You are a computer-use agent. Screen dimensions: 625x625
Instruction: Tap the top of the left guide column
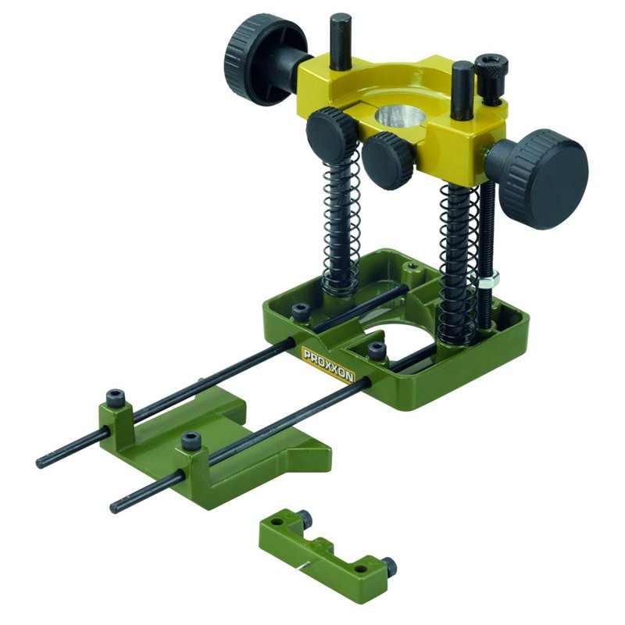tap(340, 20)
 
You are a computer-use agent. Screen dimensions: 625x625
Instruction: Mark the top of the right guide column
tap(462, 68)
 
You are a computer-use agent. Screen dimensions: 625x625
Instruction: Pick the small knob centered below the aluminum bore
tap(387, 158)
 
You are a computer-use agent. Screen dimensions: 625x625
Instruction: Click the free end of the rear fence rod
tap(41, 462)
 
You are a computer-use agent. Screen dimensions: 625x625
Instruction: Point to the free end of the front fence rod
tap(115, 505)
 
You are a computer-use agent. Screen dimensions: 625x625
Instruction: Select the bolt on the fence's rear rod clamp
tap(118, 398)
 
